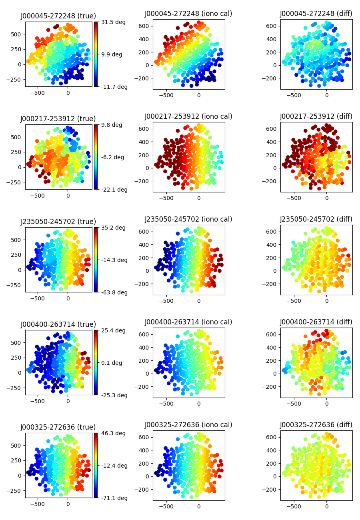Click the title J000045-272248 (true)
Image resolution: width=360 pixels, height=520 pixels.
(58, 16)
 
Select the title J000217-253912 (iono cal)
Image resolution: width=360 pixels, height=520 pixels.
(188, 116)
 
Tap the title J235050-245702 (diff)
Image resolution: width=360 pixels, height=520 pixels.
(316, 219)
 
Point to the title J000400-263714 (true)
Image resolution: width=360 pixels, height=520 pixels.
(58, 324)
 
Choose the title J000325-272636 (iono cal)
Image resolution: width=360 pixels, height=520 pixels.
(188, 425)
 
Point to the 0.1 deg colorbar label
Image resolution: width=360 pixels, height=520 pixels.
(111, 363)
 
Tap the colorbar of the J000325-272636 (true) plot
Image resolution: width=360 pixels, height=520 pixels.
(96, 465)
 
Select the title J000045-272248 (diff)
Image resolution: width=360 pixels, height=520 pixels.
(316, 14)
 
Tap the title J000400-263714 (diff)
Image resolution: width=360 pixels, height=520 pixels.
(316, 322)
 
